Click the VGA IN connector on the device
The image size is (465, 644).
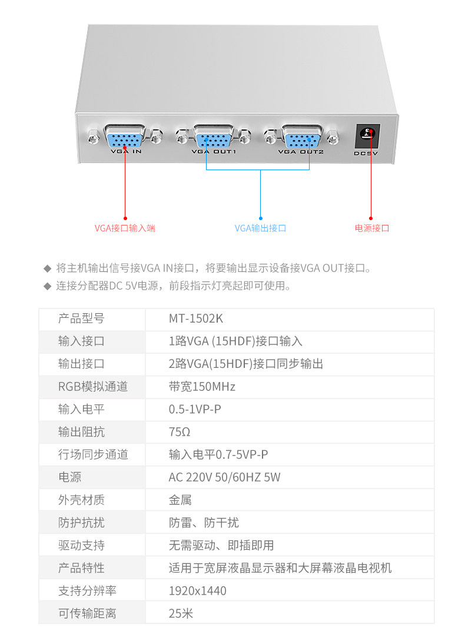pos(125,137)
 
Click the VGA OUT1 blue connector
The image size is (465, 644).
pos(213,137)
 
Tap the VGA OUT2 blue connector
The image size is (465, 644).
pos(301,137)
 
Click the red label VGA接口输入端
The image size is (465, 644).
pos(125,228)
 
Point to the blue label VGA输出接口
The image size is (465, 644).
pos(260,228)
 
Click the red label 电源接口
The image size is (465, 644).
pos(372,228)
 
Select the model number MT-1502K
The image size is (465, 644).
pos(196,318)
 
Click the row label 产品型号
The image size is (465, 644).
pos(81,318)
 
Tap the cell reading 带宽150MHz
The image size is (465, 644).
pos(202,387)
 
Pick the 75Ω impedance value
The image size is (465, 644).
pos(180,432)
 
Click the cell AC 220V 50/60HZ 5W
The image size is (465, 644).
pos(225,477)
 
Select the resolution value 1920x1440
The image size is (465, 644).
pos(198,591)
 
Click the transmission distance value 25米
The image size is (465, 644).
pos(181,613)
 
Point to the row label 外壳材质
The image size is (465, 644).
pos(81,500)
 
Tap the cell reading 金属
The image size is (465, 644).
pos(180,500)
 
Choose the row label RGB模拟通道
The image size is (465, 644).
pos(93,387)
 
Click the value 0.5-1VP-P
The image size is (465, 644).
pos(195,410)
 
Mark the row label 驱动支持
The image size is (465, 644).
pos(81,546)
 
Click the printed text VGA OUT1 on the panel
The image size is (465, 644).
pos(214,152)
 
